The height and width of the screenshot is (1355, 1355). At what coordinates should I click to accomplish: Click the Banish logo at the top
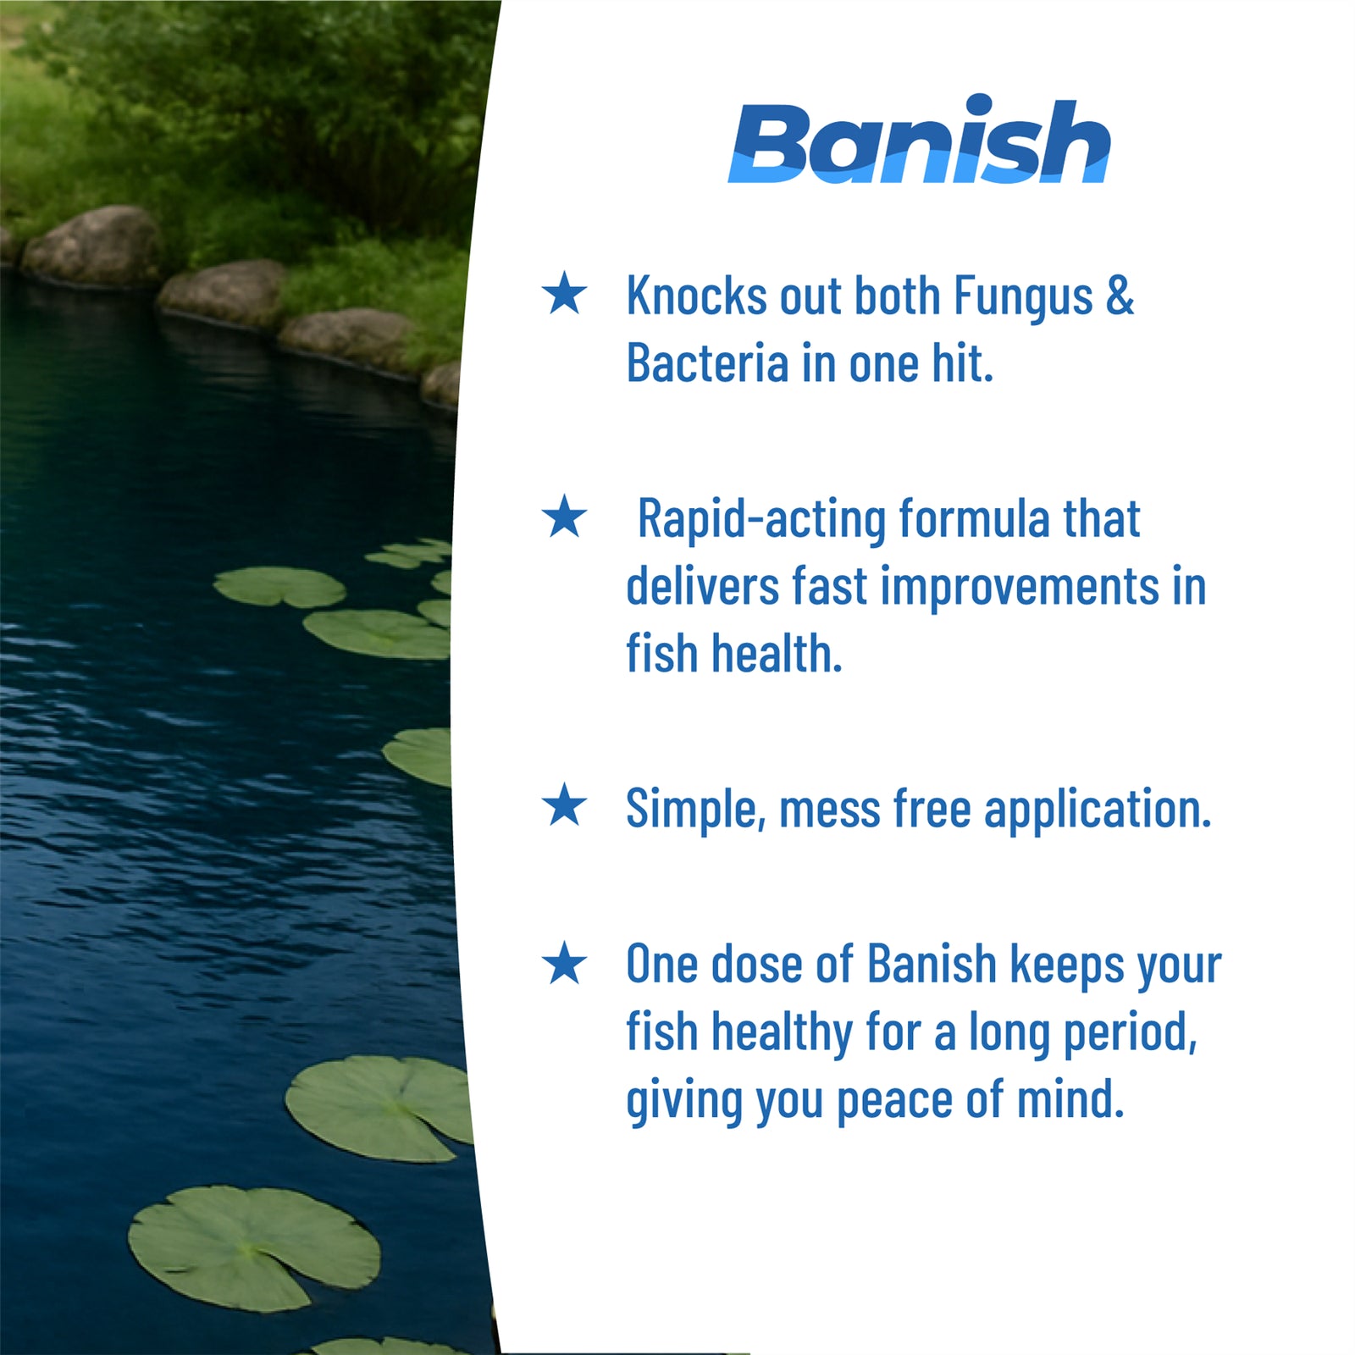[x=919, y=141]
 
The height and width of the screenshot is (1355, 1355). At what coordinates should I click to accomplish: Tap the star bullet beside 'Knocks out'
[x=564, y=293]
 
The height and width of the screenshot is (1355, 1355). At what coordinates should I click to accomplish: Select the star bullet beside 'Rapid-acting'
[x=564, y=517]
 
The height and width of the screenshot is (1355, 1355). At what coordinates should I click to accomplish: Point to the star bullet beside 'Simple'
[x=564, y=805]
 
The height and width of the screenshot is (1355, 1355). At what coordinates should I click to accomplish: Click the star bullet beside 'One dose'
[x=564, y=964]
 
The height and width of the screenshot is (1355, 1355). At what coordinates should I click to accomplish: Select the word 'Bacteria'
[x=707, y=363]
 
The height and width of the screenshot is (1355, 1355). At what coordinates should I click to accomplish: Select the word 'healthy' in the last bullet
[x=782, y=1034]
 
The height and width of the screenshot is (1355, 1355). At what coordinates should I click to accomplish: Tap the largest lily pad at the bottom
[x=254, y=1247]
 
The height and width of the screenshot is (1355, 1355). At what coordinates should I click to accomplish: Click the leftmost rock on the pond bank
[x=91, y=246]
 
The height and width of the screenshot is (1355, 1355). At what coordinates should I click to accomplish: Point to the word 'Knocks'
[x=696, y=296]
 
